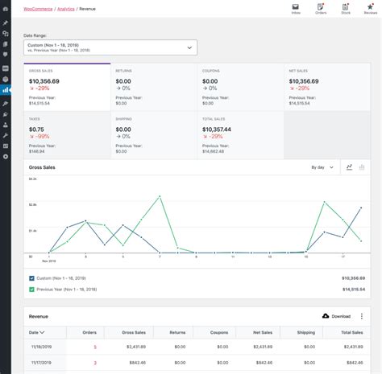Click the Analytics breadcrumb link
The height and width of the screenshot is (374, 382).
tap(66, 7)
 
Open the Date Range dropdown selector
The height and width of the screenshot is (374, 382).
tap(110, 47)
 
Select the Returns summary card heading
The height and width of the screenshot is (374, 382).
tap(123, 71)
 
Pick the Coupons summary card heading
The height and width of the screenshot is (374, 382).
tap(210, 71)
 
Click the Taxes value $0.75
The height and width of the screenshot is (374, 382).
tap(36, 129)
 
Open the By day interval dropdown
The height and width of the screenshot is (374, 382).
tap(322, 167)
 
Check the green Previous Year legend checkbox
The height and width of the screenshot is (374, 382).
tap(32, 289)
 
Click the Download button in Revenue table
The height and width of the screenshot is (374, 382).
tap(336, 316)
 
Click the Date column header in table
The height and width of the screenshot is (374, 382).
tap(37, 331)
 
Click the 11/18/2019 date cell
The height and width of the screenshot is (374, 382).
tap(40, 347)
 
